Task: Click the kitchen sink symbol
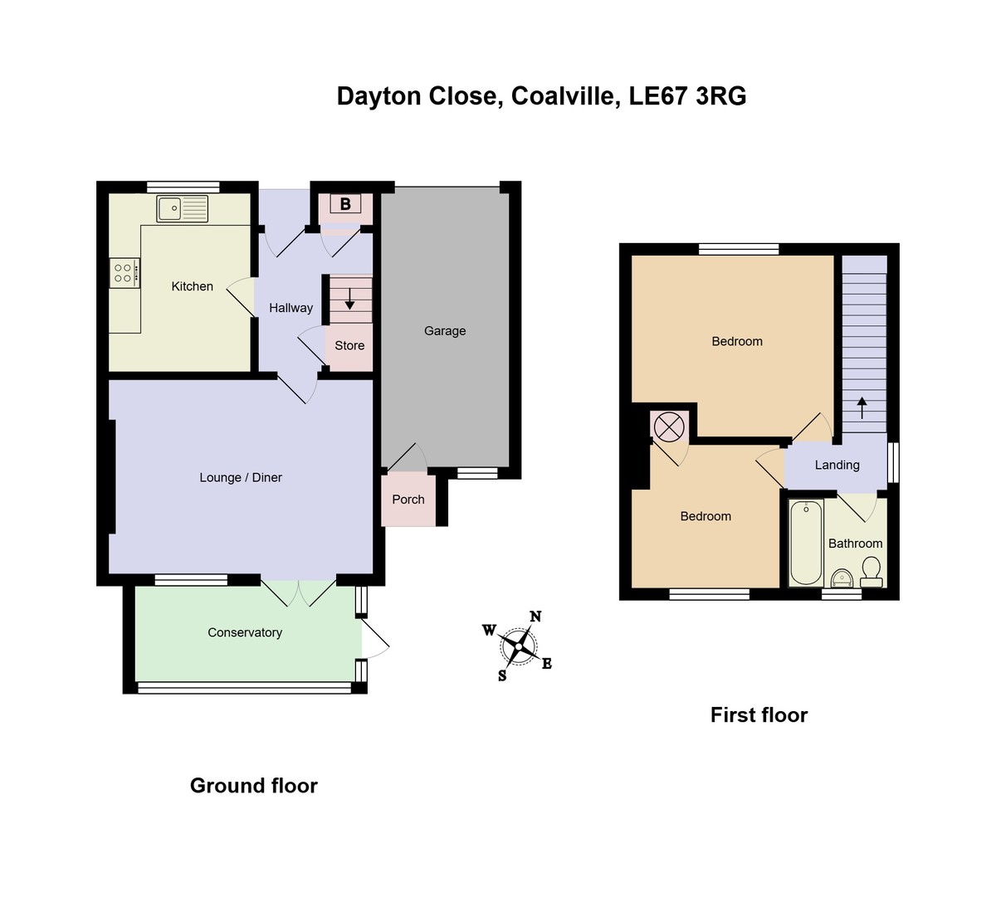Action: (x=183, y=208)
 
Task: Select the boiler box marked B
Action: (x=345, y=203)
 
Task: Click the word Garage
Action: (x=445, y=331)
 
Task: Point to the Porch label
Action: (x=408, y=500)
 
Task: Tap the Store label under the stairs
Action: (x=349, y=346)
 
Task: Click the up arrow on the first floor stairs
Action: (x=862, y=407)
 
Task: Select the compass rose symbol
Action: (x=520, y=645)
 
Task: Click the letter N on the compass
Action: (x=535, y=617)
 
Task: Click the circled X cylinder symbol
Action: (x=669, y=427)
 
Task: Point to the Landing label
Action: (x=837, y=466)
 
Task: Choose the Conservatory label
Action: (x=245, y=633)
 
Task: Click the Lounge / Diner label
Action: (x=241, y=478)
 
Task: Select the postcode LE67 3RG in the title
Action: (x=688, y=96)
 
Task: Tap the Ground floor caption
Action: (x=253, y=786)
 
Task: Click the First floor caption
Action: (x=759, y=715)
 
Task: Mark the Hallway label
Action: (x=290, y=308)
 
